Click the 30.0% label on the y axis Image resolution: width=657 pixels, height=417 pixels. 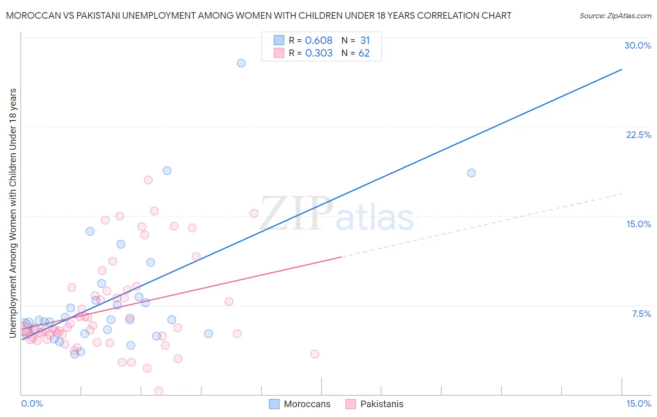point(637,45)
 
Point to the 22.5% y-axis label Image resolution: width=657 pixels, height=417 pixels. point(638,135)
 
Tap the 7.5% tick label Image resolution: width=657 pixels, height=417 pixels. point(641,314)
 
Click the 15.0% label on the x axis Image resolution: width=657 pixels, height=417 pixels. point(638,403)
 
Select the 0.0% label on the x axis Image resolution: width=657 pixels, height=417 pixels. point(32,403)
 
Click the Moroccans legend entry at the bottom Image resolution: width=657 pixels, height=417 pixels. point(307,404)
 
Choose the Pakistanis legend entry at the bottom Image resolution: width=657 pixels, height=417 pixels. point(381,404)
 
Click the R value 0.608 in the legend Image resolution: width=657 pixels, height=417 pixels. point(319,41)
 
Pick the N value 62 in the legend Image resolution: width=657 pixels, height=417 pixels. point(364,53)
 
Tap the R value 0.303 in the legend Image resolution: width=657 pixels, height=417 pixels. point(319,53)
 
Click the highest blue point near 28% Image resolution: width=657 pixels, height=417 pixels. point(241,63)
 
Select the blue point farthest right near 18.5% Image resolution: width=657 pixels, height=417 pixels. point(471,173)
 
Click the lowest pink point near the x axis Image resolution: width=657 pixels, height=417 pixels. point(159,391)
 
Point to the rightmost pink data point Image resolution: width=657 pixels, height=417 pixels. point(315,354)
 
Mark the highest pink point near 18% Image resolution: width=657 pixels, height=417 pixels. point(149,180)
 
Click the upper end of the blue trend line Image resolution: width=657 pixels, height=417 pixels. point(621,70)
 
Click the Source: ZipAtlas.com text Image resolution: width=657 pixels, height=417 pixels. point(615,16)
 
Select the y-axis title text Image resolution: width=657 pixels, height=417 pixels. point(13,213)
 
